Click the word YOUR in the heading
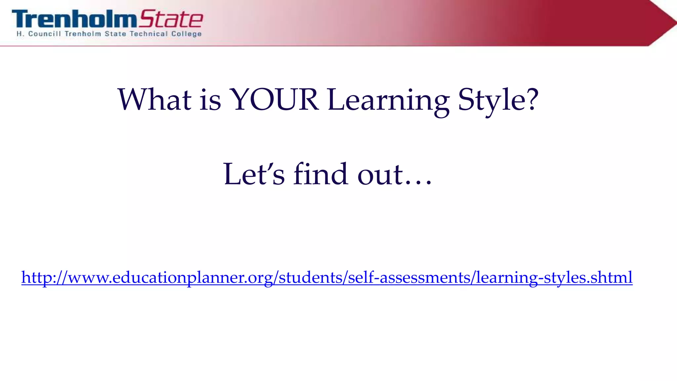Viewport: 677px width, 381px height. coord(274,100)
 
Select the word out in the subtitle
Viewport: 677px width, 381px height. coord(380,175)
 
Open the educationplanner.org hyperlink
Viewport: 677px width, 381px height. coord(327,277)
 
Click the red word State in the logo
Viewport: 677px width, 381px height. coord(171,19)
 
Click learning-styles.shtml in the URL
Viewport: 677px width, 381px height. coord(554,277)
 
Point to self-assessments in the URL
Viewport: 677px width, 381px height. coord(409,277)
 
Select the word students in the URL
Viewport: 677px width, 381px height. coord(311,277)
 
